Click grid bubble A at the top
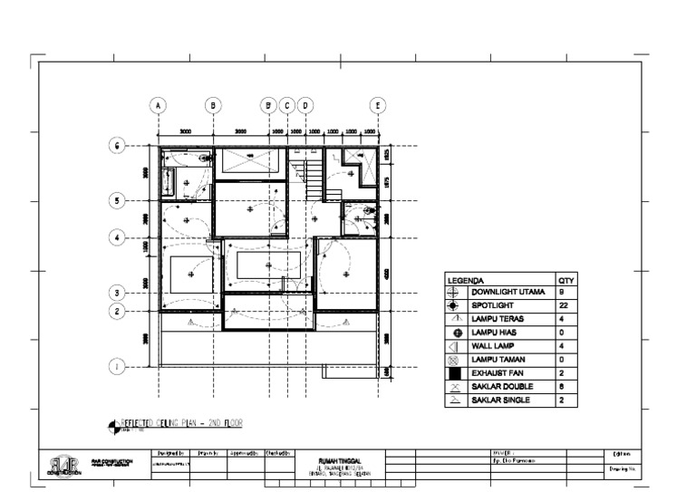[x=159, y=105]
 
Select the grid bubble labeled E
[x=378, y=105]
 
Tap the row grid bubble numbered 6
[x=116, y=146]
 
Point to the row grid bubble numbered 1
[x=116, y=367]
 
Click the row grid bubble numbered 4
[x=116, y=238]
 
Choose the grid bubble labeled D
[x=305, y=105]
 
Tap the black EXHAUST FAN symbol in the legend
[x=456, y=373]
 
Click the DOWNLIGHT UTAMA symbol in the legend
[x=456, y=293]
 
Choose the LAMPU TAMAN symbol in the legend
[x=456, y=360]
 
